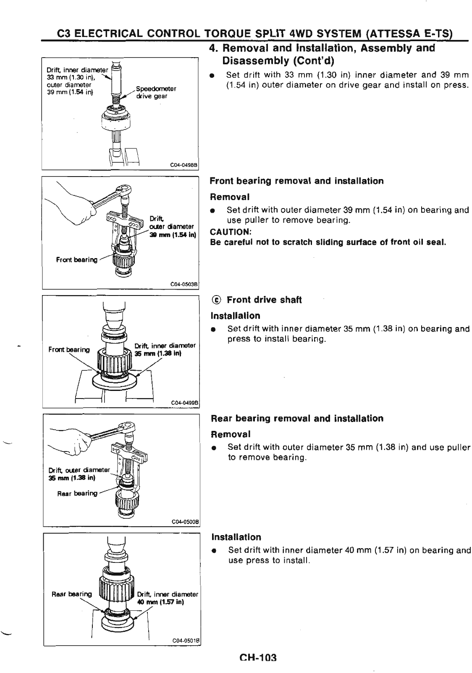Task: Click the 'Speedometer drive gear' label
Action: [156, 92]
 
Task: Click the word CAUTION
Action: [230, 232]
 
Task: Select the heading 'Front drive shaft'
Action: [264, 300]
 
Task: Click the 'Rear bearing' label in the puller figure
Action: [77, 494]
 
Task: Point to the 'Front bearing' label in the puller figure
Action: [77, 260]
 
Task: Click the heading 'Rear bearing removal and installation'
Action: [297, 419]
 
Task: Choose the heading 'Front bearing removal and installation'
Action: [296, 181]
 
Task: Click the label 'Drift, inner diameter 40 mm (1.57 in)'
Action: [167, 598]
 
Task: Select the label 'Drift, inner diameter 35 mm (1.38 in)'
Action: [165, 349]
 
